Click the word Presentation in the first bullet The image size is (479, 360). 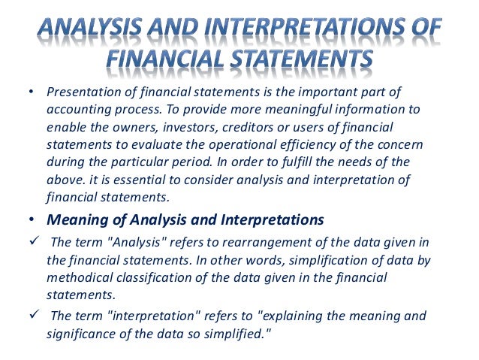point(80,92)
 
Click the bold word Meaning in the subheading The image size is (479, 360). point(76,220)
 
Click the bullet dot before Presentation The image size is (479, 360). point(31,92)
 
